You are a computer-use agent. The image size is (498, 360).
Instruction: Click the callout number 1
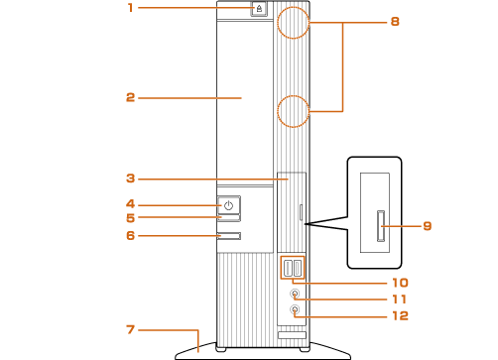coord(131,8)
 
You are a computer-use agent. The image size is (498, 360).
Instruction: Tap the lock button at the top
coord(259,8)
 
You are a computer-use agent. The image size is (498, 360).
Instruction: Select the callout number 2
coord(131,97)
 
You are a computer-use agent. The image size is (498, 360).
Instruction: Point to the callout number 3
coord(131,179)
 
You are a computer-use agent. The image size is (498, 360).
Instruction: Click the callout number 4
coord(131,204)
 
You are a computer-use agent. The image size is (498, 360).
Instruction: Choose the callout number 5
coord(131,218)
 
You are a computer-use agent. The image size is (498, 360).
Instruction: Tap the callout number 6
coord(131,235)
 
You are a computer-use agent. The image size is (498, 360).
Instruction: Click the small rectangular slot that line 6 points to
coord(229,236)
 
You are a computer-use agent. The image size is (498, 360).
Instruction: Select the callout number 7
coord(131,329)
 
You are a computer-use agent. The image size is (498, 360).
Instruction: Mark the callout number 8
coord(395,22)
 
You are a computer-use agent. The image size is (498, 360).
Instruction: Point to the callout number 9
coord(428,226)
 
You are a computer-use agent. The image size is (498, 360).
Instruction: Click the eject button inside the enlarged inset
coord(381,226)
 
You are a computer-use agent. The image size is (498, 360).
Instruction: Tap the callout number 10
coord(400,283)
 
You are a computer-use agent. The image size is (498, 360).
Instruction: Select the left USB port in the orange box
coord(288,268)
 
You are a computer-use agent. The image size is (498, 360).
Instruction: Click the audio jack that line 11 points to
coord(295,294)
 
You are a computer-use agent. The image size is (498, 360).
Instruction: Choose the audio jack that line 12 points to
coord(295,309)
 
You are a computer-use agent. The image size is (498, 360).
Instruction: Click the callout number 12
coord(400,315)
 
